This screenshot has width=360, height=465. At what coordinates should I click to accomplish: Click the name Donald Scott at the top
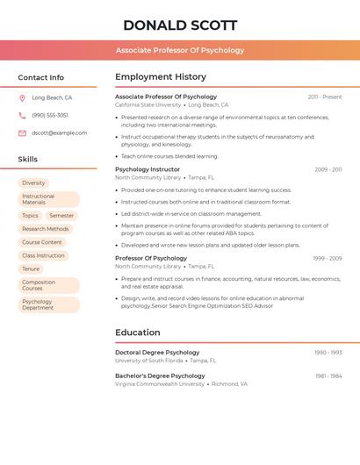(180, 25)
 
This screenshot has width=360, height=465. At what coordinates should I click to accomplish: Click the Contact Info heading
(40, 77)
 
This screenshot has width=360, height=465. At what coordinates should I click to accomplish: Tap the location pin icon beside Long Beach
(22, 98)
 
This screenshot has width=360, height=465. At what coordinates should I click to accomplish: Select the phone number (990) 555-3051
(50, 115)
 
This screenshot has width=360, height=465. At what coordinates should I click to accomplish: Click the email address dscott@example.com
(60, 133)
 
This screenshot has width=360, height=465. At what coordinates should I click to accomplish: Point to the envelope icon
(22, 133)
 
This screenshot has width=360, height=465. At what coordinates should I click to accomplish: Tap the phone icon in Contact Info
(22, 115)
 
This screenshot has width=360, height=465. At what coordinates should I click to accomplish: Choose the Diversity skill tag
(33, 183)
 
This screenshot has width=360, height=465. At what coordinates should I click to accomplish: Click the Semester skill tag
(61, 215)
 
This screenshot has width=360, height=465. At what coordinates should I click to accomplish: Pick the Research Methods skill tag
(45, 229)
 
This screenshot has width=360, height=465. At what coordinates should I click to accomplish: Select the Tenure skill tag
(31, 268)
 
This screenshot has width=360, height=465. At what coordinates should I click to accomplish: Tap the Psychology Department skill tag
(38, 304)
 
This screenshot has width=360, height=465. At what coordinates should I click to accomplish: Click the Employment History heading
(161, 77)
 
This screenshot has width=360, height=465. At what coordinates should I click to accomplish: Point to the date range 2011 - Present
(324, 97)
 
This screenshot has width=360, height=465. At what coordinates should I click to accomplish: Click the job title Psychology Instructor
(148, 169)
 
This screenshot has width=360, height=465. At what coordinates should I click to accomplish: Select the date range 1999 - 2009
(327, 259)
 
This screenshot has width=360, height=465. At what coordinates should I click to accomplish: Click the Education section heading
(138, 333)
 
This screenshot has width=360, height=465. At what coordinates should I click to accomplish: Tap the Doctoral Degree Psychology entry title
(157, 352)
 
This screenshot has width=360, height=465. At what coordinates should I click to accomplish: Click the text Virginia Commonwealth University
(160, 383)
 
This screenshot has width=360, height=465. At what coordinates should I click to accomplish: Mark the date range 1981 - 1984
(328, 376)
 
